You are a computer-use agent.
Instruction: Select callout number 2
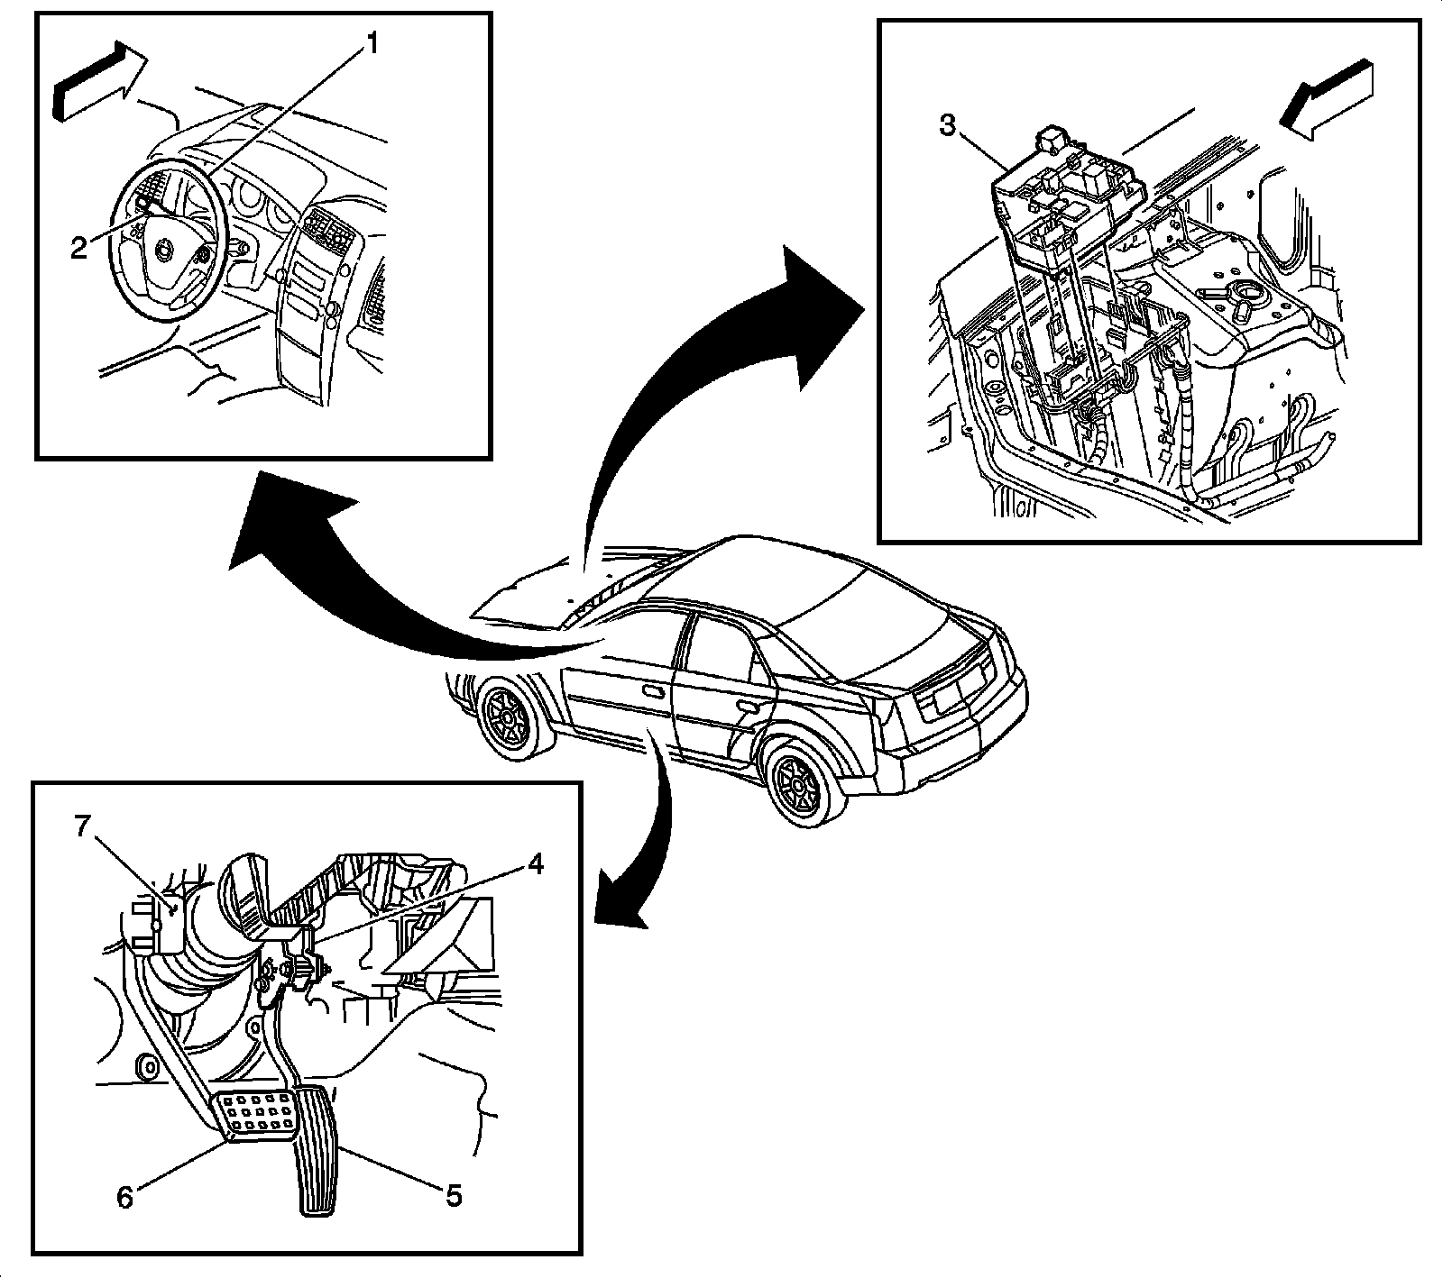coord(79,247)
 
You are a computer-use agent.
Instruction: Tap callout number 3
coord(948,126)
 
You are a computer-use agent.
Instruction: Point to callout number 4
coord(535,865)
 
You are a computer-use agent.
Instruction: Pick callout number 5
coord(453,1195)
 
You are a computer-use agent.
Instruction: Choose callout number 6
coord(124,1196)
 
